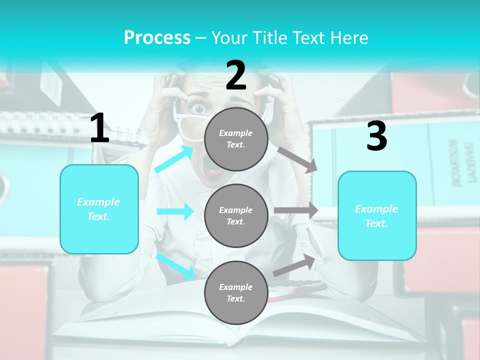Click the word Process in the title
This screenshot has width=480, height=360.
(157, 38)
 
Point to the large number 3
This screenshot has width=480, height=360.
(376, 136)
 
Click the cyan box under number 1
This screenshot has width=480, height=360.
(99, 209)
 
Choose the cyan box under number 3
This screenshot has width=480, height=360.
(377, 215)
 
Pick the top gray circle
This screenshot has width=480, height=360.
(236, 139)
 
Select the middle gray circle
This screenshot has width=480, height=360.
(236, 215)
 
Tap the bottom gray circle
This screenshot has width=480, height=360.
(236, 292)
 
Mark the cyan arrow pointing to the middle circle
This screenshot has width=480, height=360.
(175, 211)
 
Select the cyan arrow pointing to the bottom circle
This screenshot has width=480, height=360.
(175, 266)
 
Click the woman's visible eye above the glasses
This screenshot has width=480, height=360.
(199, 108)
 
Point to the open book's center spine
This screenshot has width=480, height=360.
(235, 327)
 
